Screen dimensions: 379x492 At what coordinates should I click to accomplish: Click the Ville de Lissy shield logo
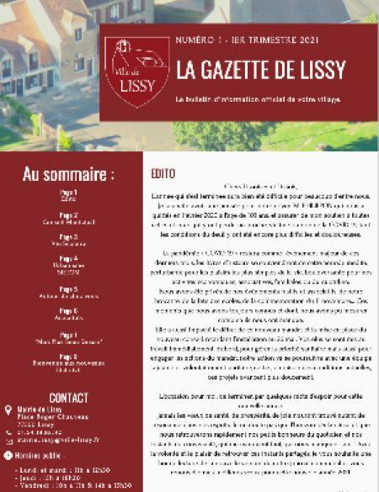click(x=136, y=71)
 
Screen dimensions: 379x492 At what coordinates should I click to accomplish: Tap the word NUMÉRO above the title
click(x=195, y=40)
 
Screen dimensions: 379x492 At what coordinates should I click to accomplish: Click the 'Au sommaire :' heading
click(x=68, y=175)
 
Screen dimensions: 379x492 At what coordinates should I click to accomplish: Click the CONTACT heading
click(x=69, y=397)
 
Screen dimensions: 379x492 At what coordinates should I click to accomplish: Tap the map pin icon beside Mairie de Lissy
click(x=8, y=410)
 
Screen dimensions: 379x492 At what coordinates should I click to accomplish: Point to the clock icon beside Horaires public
click(x=8, y=455)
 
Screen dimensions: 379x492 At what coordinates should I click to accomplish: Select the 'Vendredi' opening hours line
click(x=75, y=484)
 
